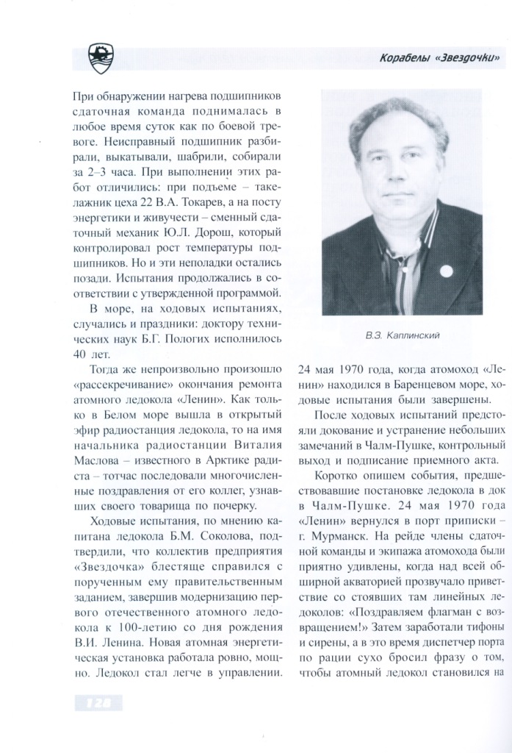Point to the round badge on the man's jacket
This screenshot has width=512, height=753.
[445, 270]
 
